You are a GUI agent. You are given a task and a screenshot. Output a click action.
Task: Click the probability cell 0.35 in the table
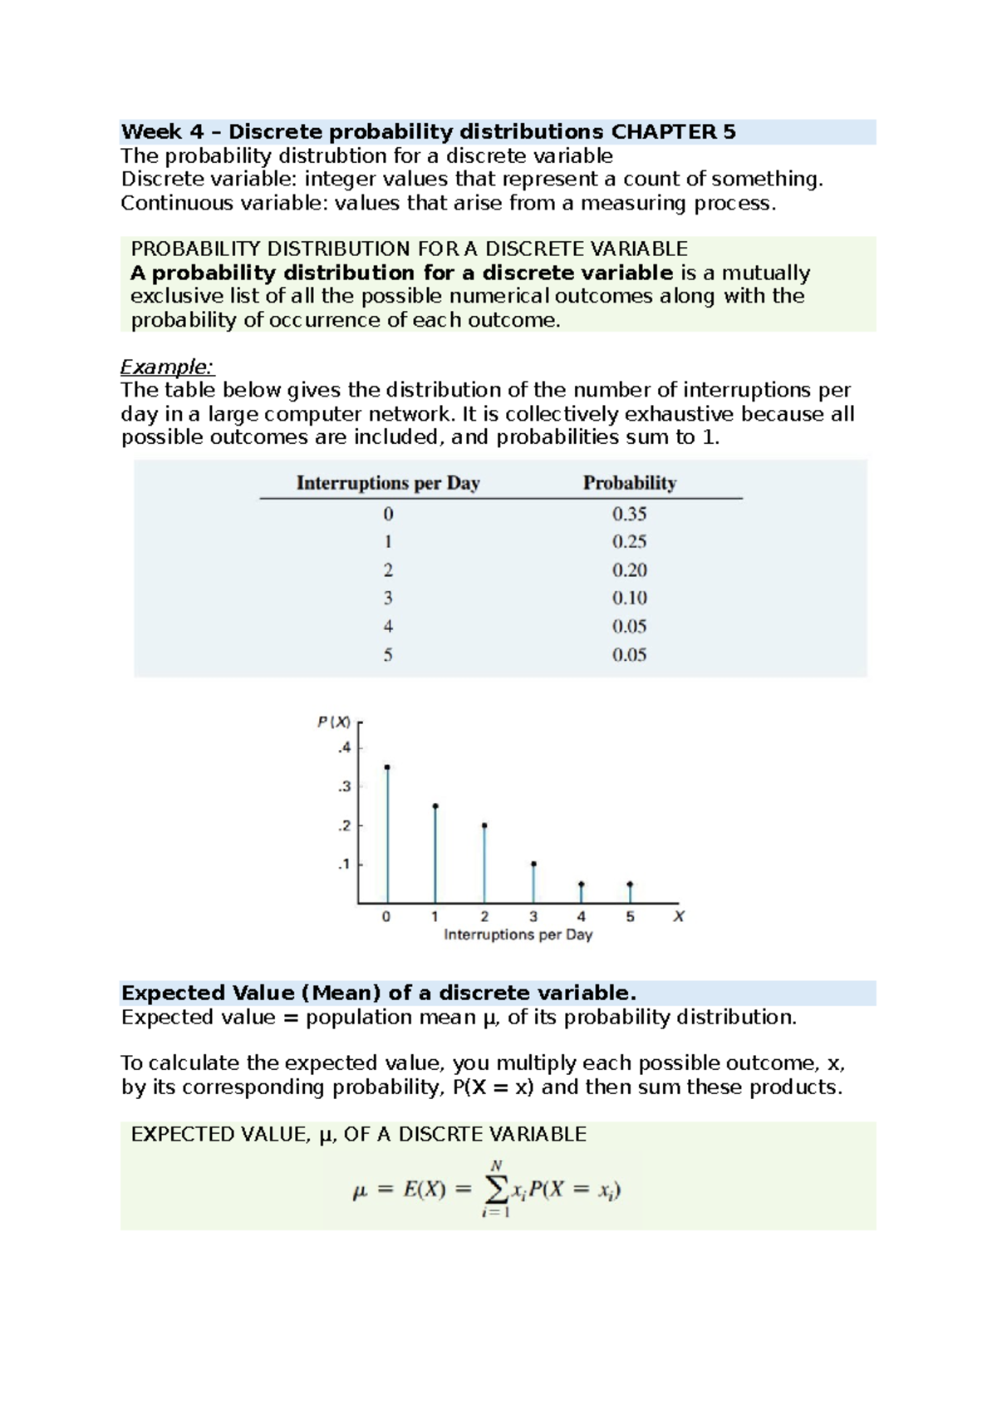point(629,514)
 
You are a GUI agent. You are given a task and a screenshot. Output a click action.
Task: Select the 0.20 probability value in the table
point(629,570)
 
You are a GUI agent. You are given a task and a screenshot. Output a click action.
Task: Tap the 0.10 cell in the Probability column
point(629,599)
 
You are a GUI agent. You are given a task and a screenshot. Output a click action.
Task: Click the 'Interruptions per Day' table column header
point(388,483)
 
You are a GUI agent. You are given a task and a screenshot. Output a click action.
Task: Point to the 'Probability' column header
point(629,483)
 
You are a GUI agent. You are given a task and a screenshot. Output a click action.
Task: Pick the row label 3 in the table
point(388,599)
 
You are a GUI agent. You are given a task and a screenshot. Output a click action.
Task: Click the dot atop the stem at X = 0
point(387,767)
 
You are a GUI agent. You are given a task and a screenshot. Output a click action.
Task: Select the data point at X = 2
point(484,826)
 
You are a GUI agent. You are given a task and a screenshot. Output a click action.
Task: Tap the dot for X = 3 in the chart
point(533,865)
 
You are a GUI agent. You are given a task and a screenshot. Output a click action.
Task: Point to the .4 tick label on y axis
point(344,748)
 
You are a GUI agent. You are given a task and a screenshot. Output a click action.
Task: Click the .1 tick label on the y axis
point(344,865)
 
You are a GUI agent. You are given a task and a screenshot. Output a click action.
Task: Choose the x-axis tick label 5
point(630,917)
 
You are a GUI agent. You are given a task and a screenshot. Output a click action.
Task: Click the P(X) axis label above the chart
point(334,722)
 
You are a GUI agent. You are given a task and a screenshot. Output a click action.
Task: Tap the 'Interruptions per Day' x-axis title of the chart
point(518,935)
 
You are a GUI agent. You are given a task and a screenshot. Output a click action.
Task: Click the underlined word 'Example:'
point(167,367)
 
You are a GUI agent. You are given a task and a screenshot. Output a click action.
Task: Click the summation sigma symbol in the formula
point(496,1190)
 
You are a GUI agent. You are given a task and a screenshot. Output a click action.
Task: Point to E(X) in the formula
point(425,1191)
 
